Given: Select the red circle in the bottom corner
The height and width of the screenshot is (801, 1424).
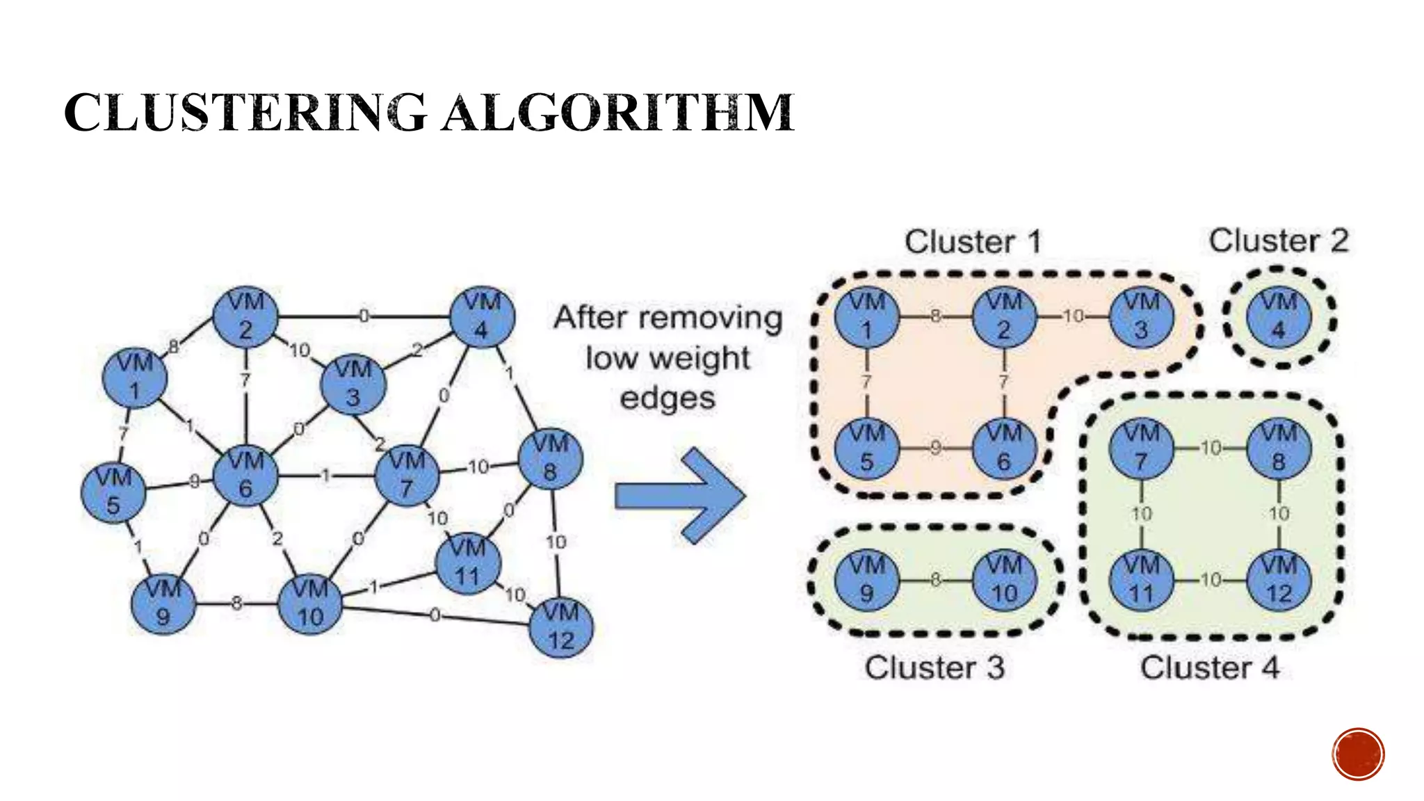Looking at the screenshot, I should (1358, 754).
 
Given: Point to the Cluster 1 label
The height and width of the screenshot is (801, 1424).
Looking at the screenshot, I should (973, 242).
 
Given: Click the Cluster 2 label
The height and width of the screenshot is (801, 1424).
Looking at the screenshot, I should (1278, 241).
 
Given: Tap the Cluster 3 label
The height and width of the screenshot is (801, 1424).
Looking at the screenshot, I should (934, 667).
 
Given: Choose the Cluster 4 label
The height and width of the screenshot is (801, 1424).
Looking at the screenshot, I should (1209, 667).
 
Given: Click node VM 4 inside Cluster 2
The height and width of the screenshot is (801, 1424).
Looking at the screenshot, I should (1279, 317).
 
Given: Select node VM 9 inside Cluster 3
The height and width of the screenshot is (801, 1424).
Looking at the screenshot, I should (866, 580).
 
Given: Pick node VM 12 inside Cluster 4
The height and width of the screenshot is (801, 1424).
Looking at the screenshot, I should (1279, 580).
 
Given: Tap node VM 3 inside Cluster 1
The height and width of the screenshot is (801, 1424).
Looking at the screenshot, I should (1141, 317).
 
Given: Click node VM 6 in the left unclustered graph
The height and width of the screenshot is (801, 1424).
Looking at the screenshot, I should (245, 476).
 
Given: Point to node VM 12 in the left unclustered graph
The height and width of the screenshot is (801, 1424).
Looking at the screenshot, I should (560, 627).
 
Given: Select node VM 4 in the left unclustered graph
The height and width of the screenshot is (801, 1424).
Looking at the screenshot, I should (482, 317).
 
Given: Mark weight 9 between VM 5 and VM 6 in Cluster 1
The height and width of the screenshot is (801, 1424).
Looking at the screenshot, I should (936, 448).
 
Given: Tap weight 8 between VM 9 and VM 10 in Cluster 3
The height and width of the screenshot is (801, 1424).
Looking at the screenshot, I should (936, 580).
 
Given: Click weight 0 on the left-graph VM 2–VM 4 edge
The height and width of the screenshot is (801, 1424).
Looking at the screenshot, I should (364, 316).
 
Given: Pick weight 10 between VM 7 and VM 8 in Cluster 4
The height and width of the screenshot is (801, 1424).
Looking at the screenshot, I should (1211, 448).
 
